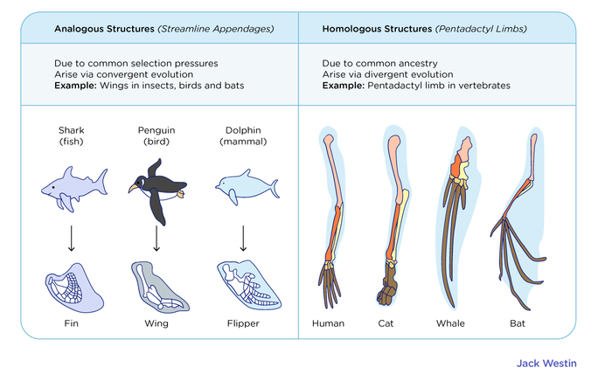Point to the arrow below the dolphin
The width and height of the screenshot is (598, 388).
pyautogui.click(x=243, y=238)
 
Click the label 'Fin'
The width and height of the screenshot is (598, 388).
pyautogui.click(x=73, y=323)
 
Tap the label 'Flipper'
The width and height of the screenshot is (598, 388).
pyautogui.click(x=243, y=323)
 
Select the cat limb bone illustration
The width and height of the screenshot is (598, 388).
pyautogui.click(x=389, y=218)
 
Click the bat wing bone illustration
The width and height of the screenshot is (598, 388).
pyautogui.click(x=518, y=218)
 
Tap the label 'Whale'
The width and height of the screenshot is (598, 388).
pyautogui.click(x=450, y=323)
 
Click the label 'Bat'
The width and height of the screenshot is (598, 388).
pyautogui.click(x=518, y=323)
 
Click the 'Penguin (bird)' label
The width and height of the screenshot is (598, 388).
pyautogui.click(x=156, y=135)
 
